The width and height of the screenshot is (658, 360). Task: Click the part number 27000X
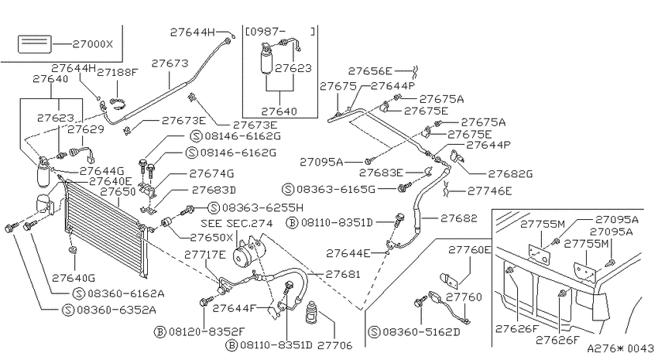93,44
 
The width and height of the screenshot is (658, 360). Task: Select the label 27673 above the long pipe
170,63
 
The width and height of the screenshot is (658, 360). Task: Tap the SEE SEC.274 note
237,223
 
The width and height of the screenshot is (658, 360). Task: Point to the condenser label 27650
118,192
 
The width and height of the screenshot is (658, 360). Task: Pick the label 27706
334,345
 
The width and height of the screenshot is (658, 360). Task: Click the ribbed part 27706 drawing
312,313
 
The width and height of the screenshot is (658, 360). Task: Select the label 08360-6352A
116,310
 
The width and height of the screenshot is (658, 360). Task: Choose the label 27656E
370,71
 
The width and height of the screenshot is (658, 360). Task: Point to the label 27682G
510,173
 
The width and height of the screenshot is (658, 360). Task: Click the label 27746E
490,191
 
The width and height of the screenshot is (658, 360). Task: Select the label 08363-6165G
336,190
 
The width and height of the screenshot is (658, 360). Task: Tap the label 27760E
469,250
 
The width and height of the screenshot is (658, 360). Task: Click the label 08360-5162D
421,332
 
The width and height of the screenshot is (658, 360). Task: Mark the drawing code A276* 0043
620,348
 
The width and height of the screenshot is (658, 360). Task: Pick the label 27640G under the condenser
74,278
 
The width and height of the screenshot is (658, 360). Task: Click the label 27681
343,274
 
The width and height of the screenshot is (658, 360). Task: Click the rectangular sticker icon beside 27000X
34,44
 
